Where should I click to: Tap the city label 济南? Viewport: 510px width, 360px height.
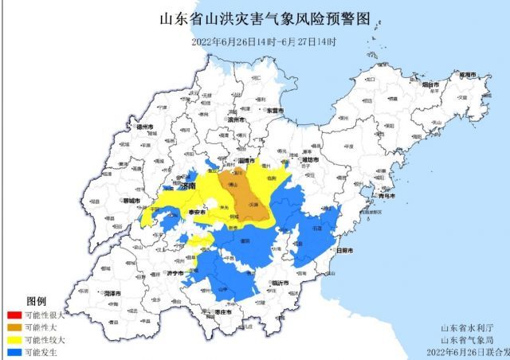(188, 186)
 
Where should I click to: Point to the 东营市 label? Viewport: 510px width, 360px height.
(275, 111)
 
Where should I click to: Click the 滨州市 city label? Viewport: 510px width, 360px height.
(235, 119)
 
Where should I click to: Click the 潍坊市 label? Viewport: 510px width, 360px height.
(309, 160)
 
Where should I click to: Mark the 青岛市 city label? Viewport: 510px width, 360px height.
(388, 195)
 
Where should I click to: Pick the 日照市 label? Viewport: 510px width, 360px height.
(347, 251)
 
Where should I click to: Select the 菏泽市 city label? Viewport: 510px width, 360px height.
(113, 293)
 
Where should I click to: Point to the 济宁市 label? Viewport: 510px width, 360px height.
(175, 273)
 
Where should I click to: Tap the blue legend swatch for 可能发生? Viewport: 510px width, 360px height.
(14, 350)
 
